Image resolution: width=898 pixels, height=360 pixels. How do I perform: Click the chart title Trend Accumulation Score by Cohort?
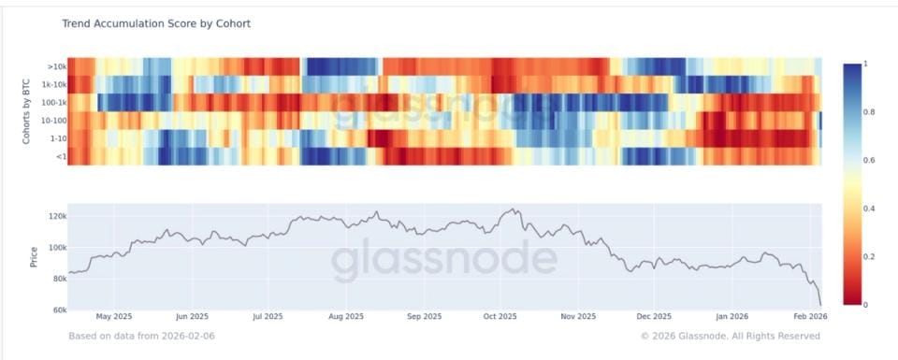tap(156, 22)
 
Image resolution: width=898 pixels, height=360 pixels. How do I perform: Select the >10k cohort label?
tap(56, 66)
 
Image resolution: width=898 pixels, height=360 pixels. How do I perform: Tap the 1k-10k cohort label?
tap(54, 84)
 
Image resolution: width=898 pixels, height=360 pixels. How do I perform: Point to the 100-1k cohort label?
tap(52, 102)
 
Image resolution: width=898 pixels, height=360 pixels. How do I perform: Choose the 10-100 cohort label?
tap(53, 120)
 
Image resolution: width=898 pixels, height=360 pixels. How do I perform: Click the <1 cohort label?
tap(59, 156)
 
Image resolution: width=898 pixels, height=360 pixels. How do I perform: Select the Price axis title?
tap(34, 257)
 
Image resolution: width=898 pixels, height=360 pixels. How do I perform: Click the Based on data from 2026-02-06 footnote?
tap(140, 335)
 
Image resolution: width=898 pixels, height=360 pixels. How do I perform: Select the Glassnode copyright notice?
tap(731, 335)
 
